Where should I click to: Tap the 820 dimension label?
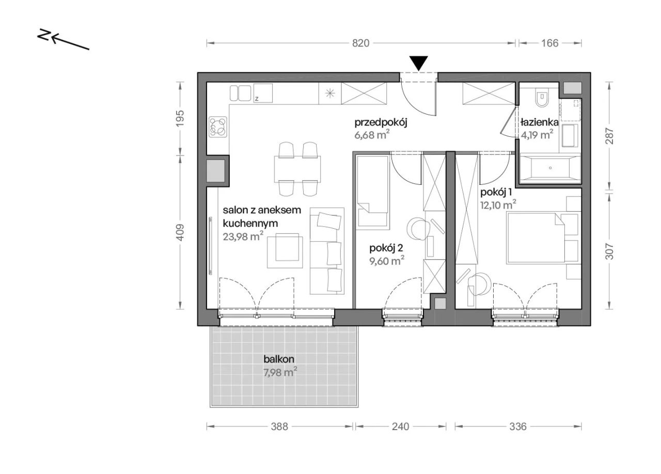point(360,43)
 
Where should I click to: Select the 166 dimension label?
point(550,43)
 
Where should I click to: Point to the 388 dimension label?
point(279,426)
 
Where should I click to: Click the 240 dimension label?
point(400,426)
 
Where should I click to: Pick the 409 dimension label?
point(180,232)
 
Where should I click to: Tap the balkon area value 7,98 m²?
point(280,372)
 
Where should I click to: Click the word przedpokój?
point(381,122)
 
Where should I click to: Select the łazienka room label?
point(539,122)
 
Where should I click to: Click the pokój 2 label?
point(386,248)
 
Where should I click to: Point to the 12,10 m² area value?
point(498,205)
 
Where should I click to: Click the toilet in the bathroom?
point(542,98)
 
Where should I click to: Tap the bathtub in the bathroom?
point(550,168)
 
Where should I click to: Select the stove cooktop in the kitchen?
point(218,127)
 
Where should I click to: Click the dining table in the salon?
point(297,169)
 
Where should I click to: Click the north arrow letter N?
point(43,35)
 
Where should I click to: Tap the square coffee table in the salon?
point(285,250)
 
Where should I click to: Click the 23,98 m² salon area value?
point(243,236)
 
